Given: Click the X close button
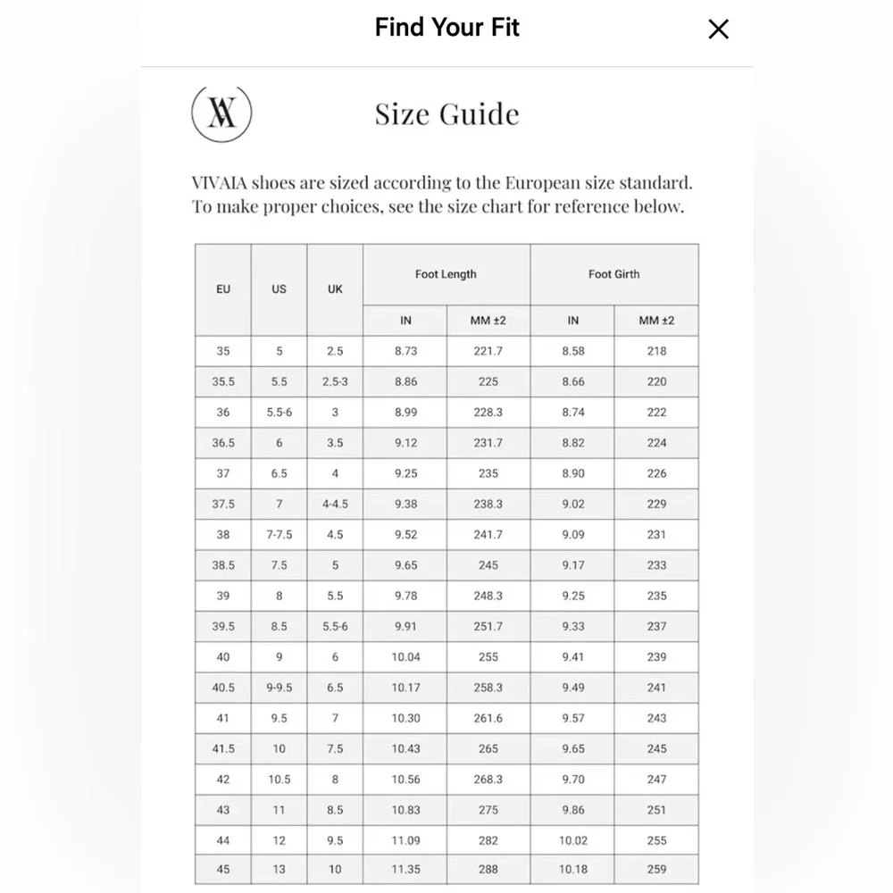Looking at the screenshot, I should click(718, 29).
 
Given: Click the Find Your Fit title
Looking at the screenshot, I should click(446, 28).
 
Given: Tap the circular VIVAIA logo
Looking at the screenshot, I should click(221, 114).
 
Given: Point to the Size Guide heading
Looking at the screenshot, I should click(446, 114).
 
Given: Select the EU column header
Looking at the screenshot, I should click(223, 289).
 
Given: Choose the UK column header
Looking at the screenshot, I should click(335, 289).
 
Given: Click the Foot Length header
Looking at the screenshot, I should click(446, 274).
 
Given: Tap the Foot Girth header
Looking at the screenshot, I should click(613, 274).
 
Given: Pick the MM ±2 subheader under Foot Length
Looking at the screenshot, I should click(488, 321).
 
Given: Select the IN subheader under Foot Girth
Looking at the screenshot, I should click(572, 321).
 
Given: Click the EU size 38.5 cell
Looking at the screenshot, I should click(223, 565).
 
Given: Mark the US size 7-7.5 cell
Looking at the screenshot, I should click(279, 535).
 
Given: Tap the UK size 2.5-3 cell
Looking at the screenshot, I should click(335, 382).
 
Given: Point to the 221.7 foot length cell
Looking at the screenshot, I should click(488, 352).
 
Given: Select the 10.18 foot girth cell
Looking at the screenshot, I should click(572, 870).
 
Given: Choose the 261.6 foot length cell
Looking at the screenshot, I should click(488, 719).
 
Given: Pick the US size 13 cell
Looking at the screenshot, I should click(279, 870).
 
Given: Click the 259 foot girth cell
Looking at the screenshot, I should click(656, 870).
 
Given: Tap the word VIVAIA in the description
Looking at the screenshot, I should click(219, 184).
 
